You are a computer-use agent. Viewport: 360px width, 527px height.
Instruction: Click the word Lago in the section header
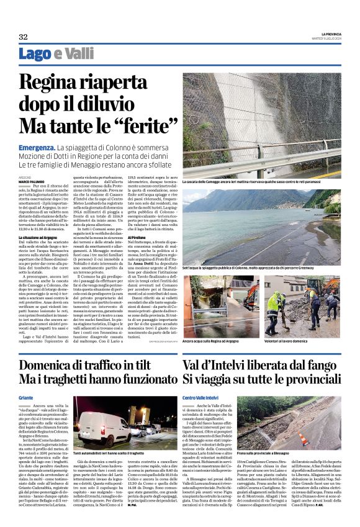click(35, 55)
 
